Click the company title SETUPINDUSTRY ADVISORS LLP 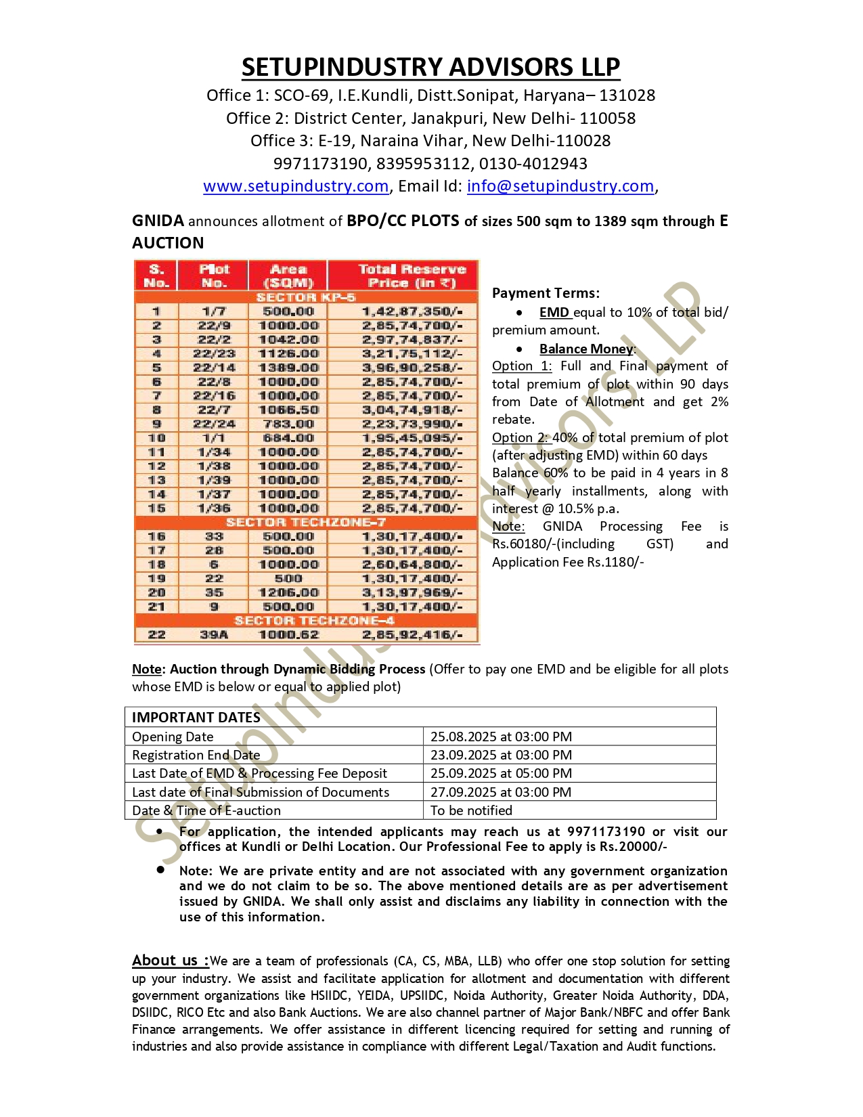[x=430, y=67]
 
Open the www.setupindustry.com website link [x=296, y=186]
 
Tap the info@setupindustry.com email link [x=560, y=186]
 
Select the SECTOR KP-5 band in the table [x=306, y=297]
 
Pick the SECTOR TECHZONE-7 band [x=306, y=522]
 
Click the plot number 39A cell [x=214, y=634]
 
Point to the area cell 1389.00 [x=288, y=368]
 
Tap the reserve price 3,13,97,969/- [x=412, y=592]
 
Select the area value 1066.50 [x=288, y=410]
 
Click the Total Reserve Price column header [x=412, y=276]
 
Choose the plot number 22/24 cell [x=214, y=424]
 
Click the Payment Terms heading [x=546, y=293]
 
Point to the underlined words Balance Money [x=586, y=349]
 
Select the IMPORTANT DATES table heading [x=196, y=718]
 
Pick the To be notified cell [x=471, y=810]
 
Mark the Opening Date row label [x=173, y=737]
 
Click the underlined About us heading [x=169, y=960]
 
